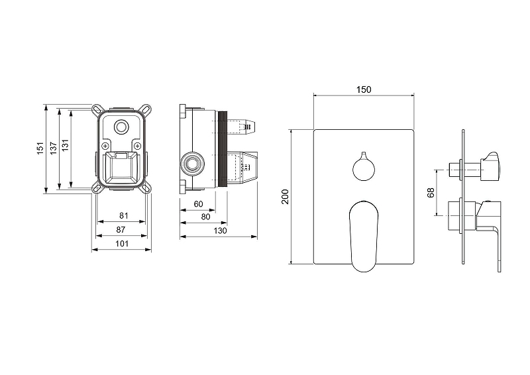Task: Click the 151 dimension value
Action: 40,148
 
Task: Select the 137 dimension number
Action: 54,148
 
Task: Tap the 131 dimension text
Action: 65,144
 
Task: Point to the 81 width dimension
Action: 124,215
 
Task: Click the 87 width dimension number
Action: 121,230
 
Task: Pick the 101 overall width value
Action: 122,243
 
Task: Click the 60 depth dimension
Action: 198,204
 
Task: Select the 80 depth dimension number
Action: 205,217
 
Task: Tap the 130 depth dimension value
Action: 220,231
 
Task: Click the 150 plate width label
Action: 364,89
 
